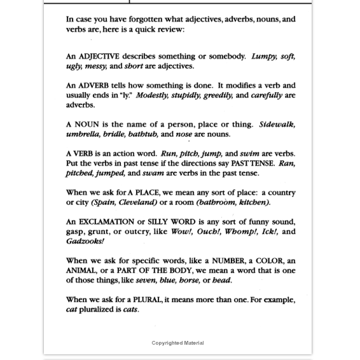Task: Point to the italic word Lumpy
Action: (264, 57)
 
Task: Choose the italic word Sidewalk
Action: (277, 125)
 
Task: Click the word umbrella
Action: (83, 134)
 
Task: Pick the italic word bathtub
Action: (142, 134)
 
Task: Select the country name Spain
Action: (104, 202)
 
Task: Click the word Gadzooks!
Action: (85, 241)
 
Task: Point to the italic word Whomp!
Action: (240, 232)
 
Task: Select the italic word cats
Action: (130, 309)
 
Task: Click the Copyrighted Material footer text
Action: (177, 343)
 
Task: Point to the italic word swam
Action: (155, 173)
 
